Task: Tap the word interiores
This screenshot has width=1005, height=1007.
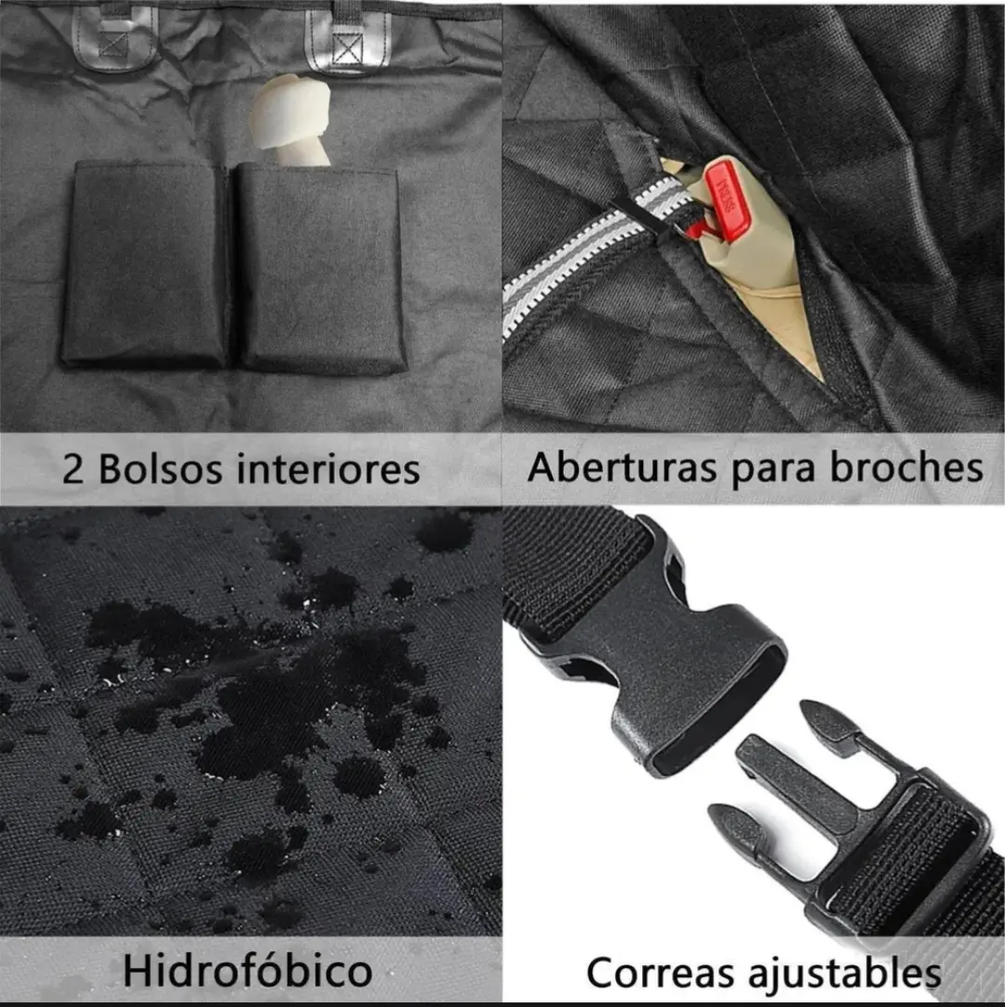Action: (328, 469)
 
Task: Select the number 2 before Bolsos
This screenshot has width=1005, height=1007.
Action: (74, 469)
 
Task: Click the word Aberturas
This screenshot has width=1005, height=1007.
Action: (621, 467)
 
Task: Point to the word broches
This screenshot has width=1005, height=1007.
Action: (907, 467)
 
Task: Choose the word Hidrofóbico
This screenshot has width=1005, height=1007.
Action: (248, 971)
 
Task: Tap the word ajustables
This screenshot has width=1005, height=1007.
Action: (844, 973)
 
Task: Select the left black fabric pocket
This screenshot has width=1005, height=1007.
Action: (145, 263)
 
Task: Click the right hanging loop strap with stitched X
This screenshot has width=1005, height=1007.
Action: (347, 38)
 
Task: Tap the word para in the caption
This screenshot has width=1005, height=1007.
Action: (774, 470)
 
